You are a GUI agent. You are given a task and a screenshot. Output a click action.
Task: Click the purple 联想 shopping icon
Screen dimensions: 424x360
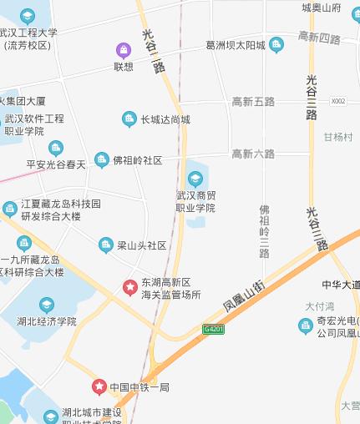(123, 50)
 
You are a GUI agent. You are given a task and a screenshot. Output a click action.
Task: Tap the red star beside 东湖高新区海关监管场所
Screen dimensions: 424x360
(130, 287)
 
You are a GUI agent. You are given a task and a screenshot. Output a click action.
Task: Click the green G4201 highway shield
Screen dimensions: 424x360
(214, 330)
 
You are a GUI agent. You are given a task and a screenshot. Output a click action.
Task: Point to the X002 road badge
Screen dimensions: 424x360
(337, 101)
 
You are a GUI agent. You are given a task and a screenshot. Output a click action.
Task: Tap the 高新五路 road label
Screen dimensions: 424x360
(253, 101)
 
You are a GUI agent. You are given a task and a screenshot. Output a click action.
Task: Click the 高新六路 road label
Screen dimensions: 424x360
(253, 154)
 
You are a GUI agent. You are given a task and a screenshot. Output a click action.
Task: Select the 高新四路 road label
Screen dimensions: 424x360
(318, 39)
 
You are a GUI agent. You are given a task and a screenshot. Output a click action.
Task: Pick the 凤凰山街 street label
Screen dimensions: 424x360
(244, 295)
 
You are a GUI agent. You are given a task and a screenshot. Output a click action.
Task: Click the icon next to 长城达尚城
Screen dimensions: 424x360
(129, 119)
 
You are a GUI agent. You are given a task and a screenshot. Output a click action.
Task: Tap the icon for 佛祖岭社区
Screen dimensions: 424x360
(101, 159)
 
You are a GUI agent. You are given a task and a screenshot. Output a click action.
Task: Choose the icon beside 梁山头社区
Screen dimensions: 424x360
(105, 245)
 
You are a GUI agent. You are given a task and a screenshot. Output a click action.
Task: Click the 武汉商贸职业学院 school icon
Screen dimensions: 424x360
(195, 179)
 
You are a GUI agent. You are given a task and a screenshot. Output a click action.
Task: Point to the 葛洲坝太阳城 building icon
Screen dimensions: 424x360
(276, 44)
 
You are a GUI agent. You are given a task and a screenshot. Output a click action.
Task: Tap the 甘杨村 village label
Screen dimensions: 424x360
(338, 137)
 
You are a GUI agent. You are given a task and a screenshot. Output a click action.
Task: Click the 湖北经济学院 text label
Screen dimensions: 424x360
(46, 321)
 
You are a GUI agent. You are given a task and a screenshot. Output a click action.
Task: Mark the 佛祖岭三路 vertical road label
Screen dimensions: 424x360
(265, 231)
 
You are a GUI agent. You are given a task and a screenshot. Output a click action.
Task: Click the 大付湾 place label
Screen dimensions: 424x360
(320, 306)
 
